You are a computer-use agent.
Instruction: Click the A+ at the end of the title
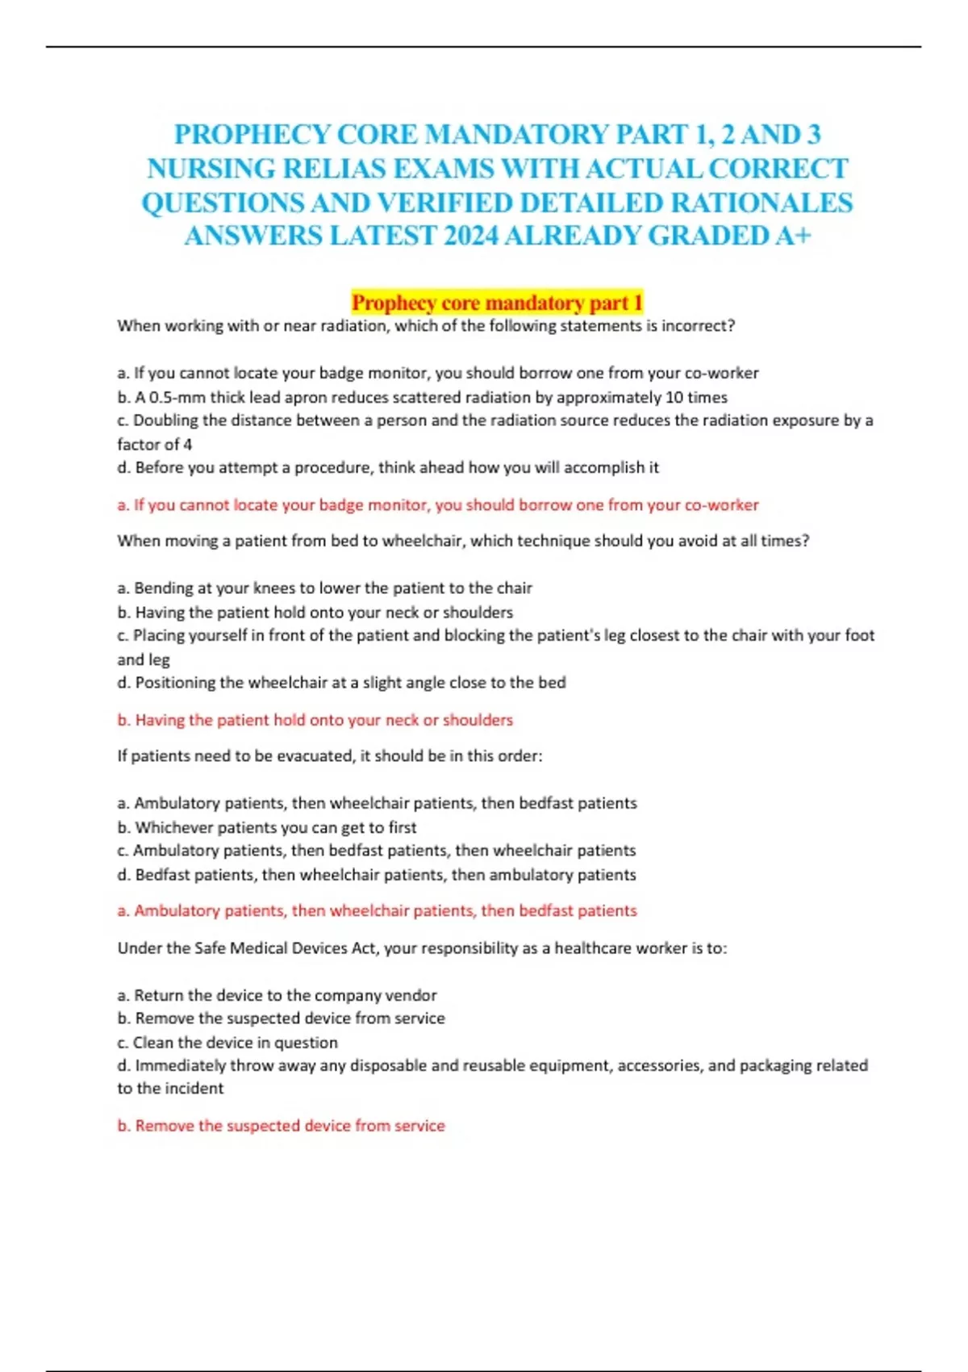click(x=792, y=236)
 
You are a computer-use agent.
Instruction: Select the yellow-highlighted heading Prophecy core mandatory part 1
click(x=497, y=303)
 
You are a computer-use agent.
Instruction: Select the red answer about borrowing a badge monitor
click(x=438, y=505)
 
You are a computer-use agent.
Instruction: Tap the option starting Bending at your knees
click(x=324, y=588)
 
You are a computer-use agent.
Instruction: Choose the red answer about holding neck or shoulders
click(x=315, y=720)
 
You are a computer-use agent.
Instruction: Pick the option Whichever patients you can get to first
click(x=267, y=827)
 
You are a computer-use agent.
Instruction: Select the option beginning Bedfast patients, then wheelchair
click(x=377, y=875)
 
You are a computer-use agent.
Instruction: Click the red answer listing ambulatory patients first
click(x=377, y=911)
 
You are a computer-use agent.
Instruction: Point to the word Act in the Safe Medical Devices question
click(x=364, y=948)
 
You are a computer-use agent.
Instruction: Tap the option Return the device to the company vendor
click(x=277, y=995)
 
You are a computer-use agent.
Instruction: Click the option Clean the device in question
click(x=227, y=1042)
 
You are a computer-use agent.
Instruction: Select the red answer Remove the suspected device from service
click(x=281, y=1126)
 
